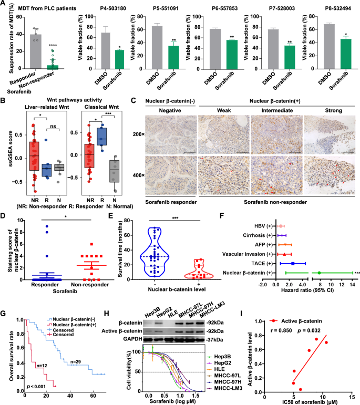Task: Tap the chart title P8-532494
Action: [335, 8]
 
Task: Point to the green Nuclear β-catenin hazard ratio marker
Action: [319, 273]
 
